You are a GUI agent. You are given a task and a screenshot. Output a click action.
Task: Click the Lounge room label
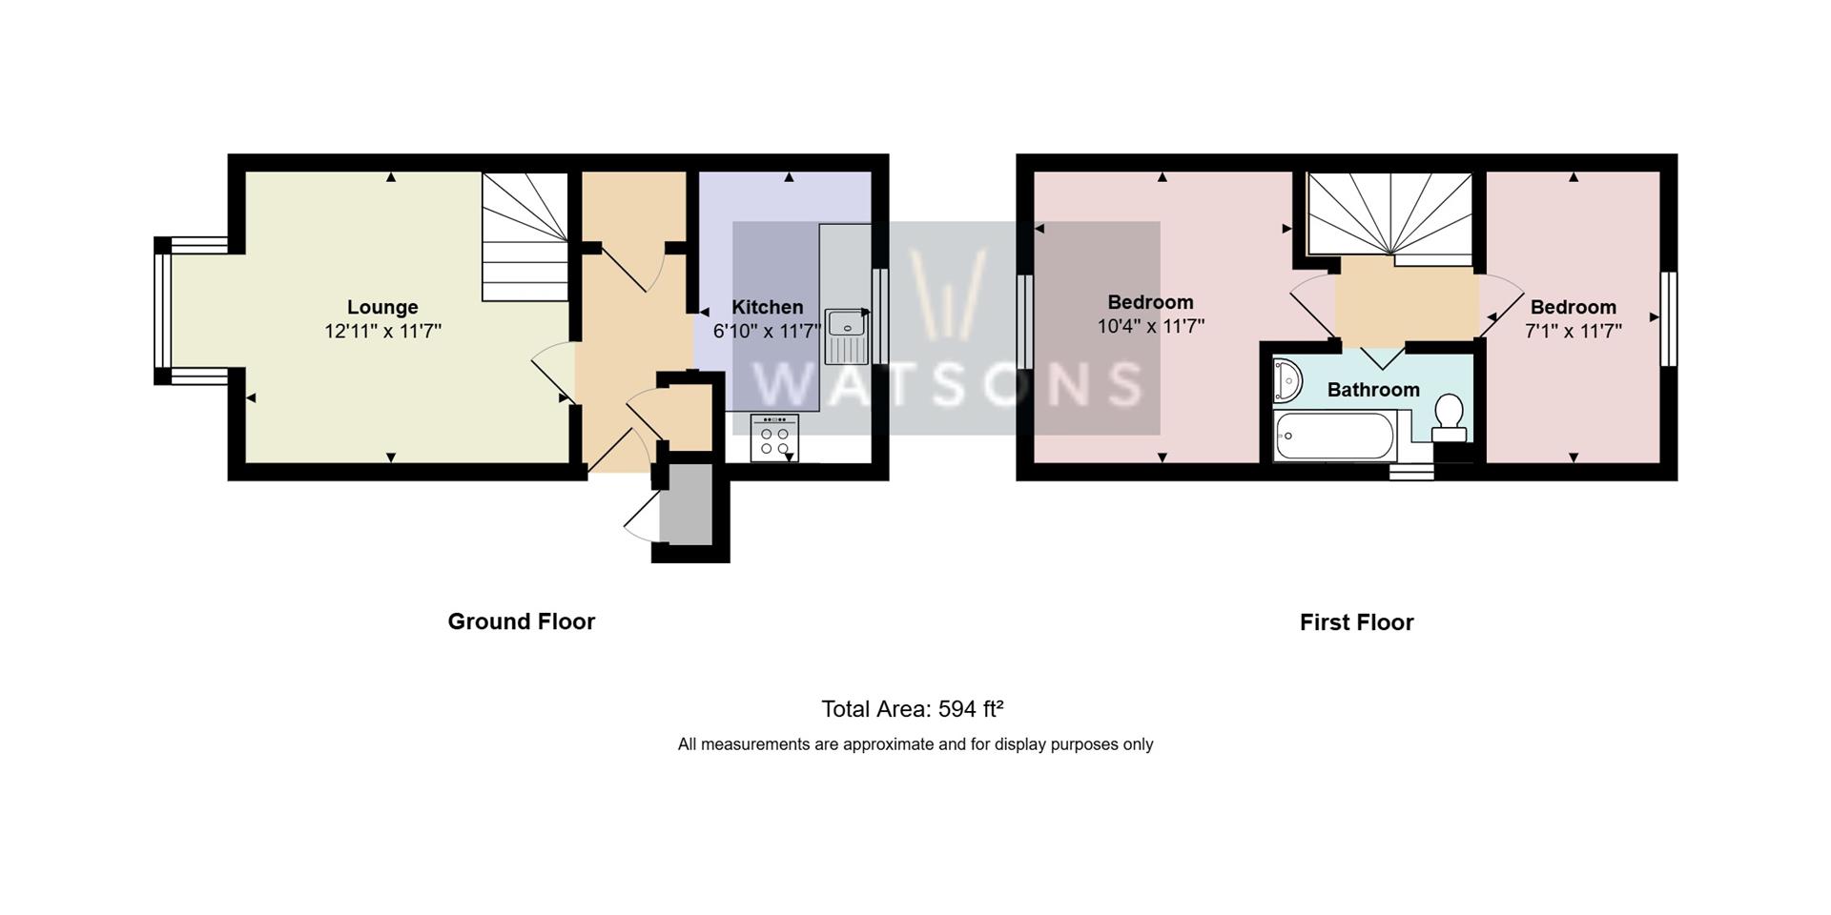coord(382,307)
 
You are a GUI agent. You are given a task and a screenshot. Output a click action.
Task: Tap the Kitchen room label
coord(767,307)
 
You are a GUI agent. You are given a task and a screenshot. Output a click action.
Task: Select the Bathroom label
coord(1373,389)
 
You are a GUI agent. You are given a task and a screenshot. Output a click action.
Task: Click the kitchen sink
coord(846,335)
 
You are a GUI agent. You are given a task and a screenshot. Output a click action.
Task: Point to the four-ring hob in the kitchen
coord(774,438)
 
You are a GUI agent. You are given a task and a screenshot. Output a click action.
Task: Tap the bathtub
coord(1334,437)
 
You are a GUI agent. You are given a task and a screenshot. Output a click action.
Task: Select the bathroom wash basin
coord(1286,380)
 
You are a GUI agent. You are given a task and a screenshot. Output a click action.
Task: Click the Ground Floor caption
coord(521,621)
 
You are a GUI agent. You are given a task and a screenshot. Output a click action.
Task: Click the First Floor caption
coord(1356,622)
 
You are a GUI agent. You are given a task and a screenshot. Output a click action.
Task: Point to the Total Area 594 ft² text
coord(913,709)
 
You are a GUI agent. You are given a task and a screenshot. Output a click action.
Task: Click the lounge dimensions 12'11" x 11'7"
coord(382,331)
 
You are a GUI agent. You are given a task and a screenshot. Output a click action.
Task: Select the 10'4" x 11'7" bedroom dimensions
coord(1150,326)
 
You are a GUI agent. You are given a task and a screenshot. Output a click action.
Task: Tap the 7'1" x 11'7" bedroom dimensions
coord(1573,331)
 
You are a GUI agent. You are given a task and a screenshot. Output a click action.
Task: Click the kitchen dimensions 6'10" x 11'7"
coord(767,331)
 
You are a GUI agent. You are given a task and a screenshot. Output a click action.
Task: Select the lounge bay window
coord(164,311)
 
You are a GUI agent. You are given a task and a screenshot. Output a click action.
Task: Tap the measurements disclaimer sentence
coord(915,744)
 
